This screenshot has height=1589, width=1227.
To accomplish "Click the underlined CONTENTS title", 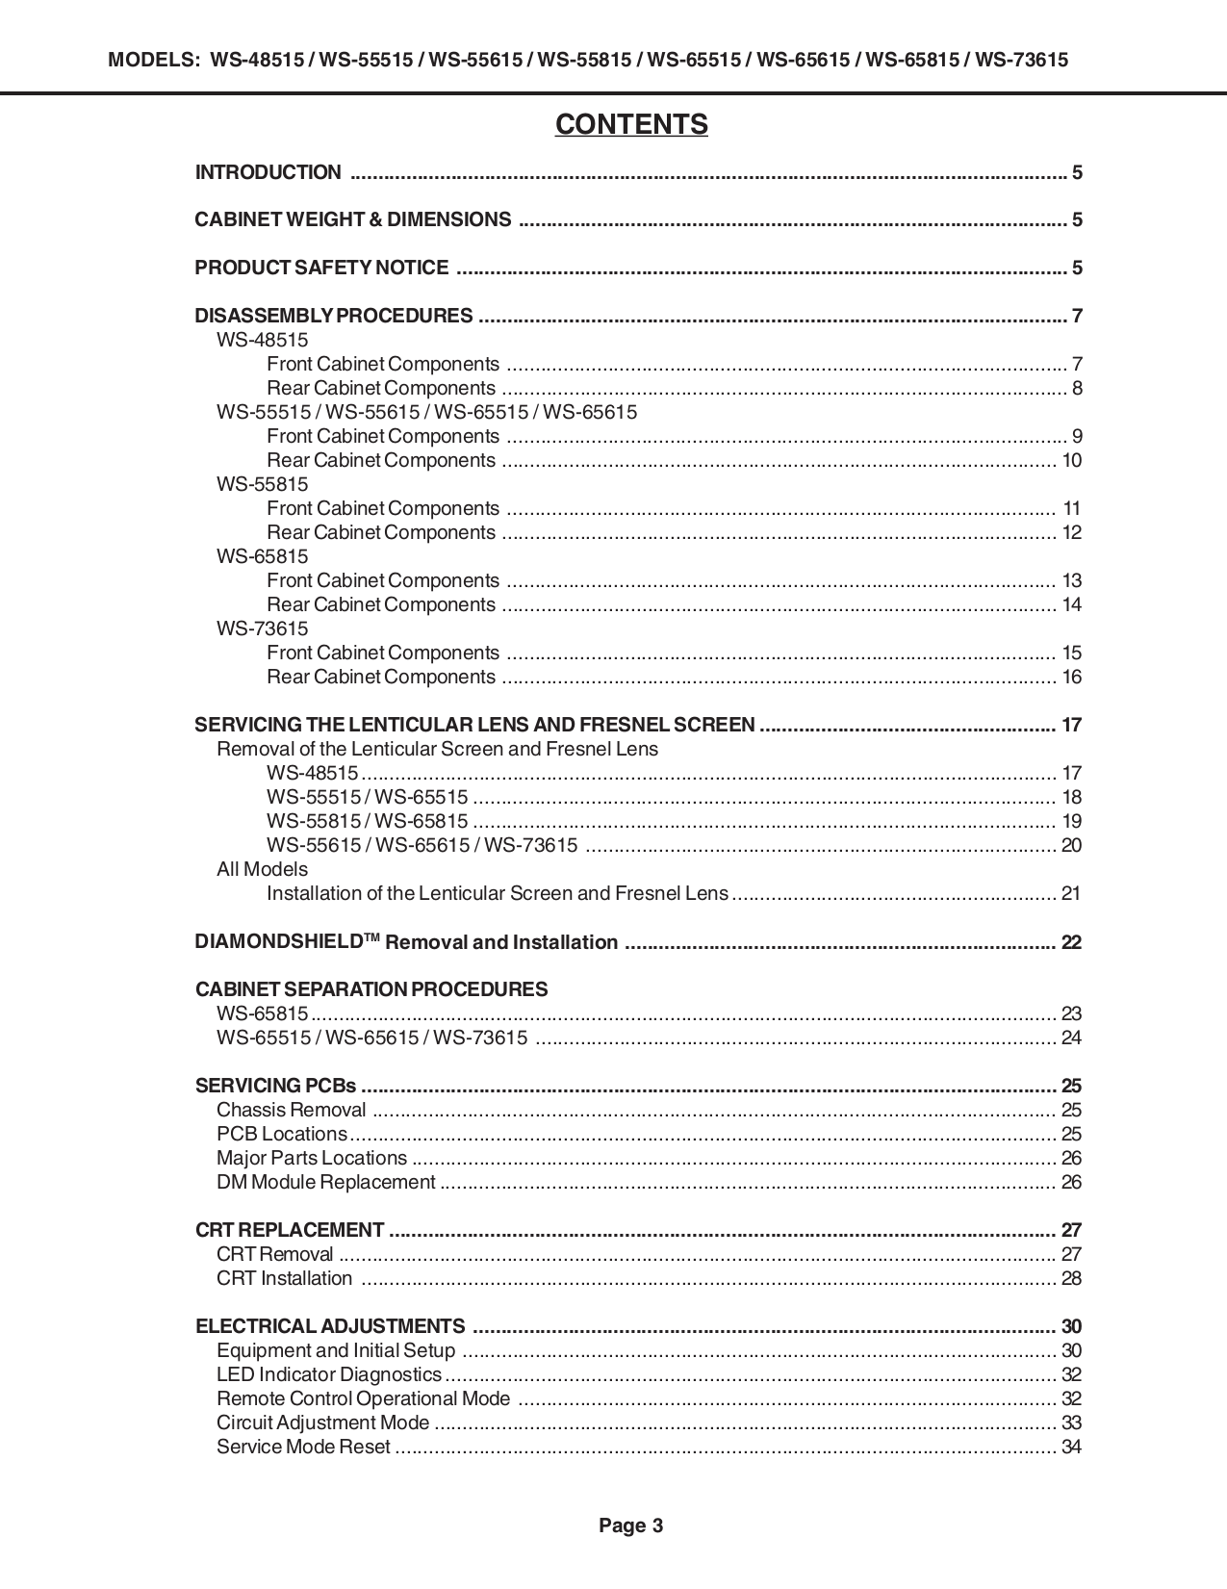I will (630, 125).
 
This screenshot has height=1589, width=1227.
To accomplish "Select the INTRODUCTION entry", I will (268, 172).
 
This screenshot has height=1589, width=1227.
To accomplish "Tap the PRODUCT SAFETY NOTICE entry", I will (321, 268).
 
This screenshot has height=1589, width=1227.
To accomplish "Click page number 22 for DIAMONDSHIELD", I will (1071, 942).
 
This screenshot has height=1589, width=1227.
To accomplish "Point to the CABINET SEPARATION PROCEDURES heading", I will (371, 989).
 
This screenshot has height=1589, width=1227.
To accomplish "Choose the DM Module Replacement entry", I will (325, 1182).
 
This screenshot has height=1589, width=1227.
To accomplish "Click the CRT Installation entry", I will (284, 1278).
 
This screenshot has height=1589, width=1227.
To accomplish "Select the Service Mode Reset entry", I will (303, 1447).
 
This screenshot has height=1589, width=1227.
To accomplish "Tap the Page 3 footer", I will (630, 1525).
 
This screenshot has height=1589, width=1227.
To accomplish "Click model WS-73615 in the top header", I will (1021, 60).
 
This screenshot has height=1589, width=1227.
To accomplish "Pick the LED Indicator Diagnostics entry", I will (328, 1374).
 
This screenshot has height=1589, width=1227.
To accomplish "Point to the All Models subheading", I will (262, 869).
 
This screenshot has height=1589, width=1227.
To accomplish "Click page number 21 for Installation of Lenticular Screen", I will (1071, 893).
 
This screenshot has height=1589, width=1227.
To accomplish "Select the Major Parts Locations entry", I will (312, 1158).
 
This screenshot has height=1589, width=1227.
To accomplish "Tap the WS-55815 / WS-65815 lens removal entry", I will (367, 821).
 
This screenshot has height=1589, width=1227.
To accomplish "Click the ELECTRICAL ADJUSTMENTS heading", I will (330, 1326).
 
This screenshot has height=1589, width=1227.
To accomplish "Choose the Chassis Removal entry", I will (291, 1110).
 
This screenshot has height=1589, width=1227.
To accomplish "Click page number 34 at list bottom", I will (1071, 1447).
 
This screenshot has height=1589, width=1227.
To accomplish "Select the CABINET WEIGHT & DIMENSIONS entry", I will (352, 219).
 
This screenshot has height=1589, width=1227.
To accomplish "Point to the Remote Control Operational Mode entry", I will (363, 1398).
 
